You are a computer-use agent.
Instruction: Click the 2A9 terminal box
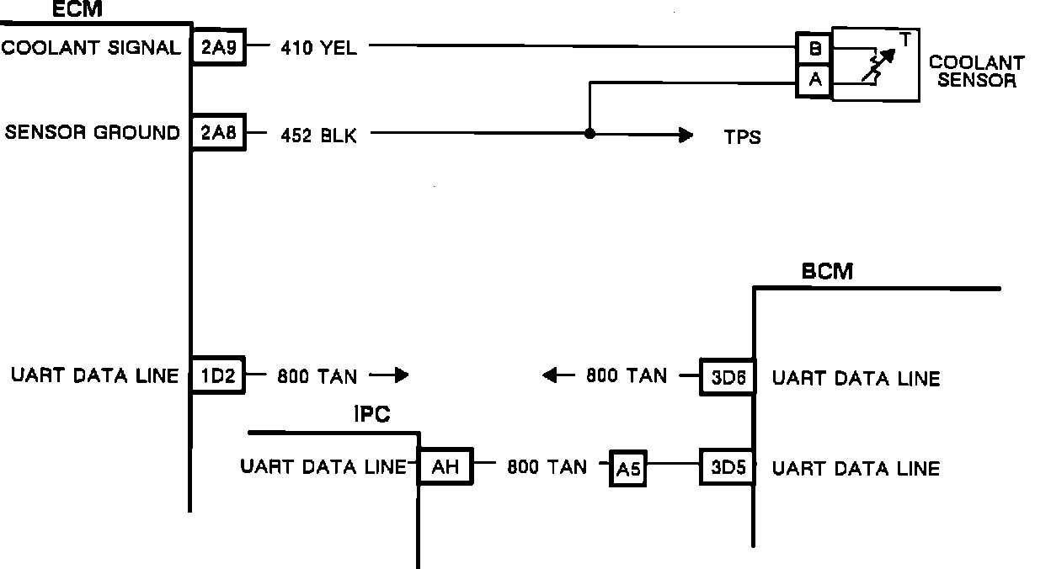(218, 48)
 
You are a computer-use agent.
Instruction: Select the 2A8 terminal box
(218, 133)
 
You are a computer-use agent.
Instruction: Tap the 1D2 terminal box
(218, 375)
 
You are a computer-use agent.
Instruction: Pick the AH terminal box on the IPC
(445, 466)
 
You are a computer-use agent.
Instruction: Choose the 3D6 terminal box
(727, 376)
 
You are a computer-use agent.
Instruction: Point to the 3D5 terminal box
(727, 467)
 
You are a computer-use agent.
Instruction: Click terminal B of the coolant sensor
(814, 50)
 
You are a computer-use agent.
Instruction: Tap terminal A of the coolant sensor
(814, 81)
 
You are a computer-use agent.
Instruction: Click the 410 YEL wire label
(318, 49)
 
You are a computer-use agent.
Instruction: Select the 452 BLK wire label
(318, 135)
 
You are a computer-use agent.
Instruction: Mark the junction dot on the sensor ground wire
(590, 134)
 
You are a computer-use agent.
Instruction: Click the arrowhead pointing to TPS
(686, 134)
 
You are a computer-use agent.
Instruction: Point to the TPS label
(742, 137)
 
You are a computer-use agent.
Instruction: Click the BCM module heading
(827, 271)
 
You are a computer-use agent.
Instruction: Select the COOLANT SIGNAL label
(91, 48)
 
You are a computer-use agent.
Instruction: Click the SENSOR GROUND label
(93, 133)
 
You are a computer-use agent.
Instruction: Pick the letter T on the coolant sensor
(904, 37)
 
